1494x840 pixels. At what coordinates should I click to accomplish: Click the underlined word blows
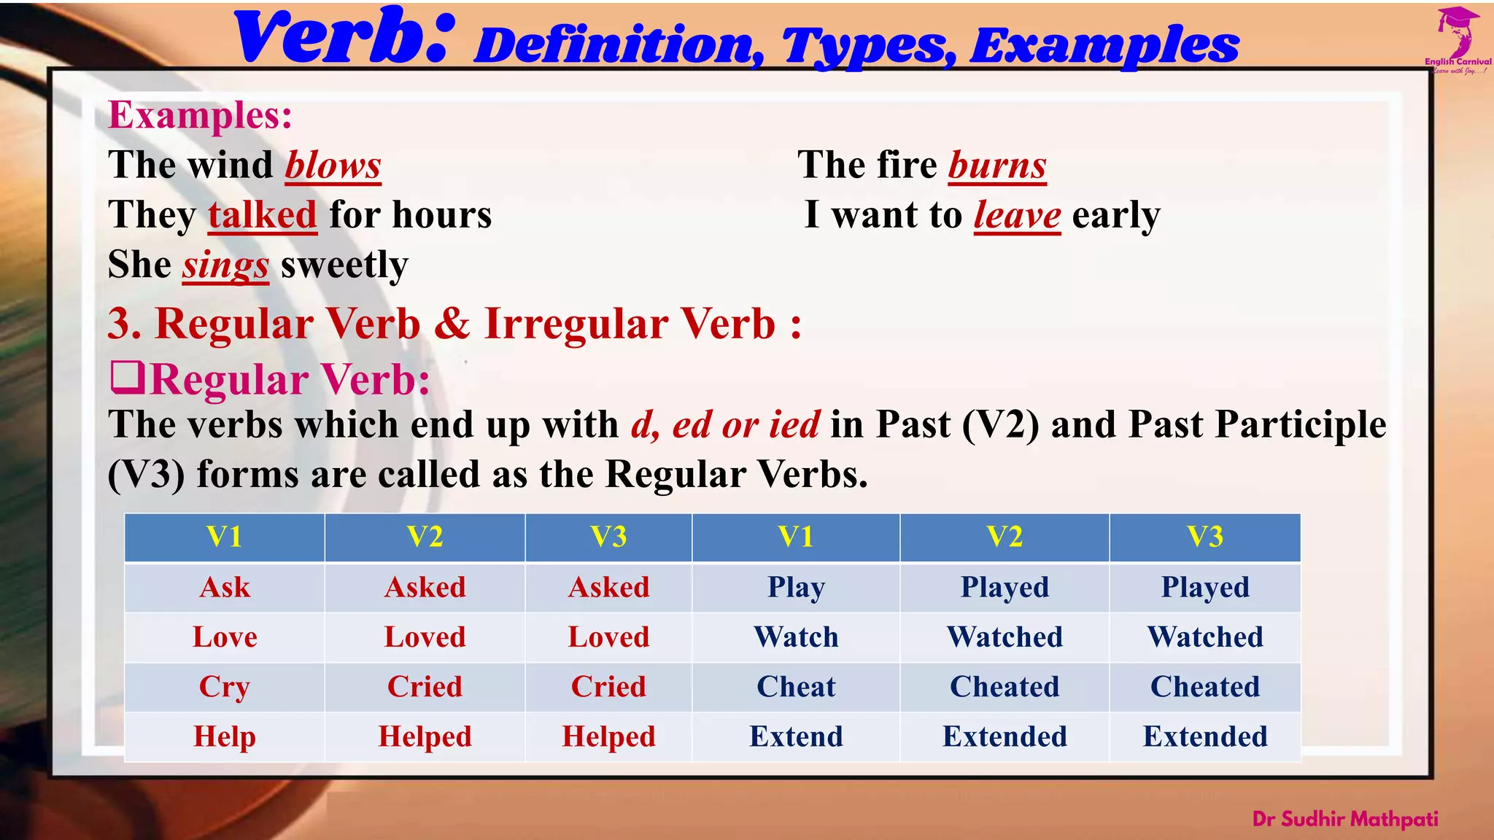click(x=333, y=166)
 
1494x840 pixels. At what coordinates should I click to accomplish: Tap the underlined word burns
click(x=996, y=166)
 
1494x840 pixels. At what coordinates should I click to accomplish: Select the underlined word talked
click(x=263, y=215)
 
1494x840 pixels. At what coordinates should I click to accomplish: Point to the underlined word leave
click(x=1017, y=215)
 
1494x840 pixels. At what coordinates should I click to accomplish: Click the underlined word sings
click(x=225, y=265)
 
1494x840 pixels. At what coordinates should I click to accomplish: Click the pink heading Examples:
click(x=200, y=115)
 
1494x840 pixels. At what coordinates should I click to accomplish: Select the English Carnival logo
click(x=1458, y=40)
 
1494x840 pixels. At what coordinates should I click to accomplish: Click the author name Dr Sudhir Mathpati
click(x=1344, y=819)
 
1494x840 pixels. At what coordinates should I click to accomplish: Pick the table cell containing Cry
click(x=225, y=687)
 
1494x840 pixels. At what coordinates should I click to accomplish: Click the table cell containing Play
click(x=796, y=588)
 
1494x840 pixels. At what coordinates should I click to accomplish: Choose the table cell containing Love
click(x=225, y=637)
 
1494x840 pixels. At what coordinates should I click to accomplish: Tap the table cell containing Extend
click(x=796, y=736)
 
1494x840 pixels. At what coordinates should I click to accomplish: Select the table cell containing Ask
click(x=225, y=588)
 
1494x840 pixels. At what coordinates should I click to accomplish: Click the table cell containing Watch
click(x=796, y=637)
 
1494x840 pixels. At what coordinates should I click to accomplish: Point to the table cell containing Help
click(x=225, y=736)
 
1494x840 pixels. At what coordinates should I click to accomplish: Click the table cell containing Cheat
click(x=796, y=687)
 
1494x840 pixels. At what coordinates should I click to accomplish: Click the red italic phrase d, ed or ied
click(x=725, y=425)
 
